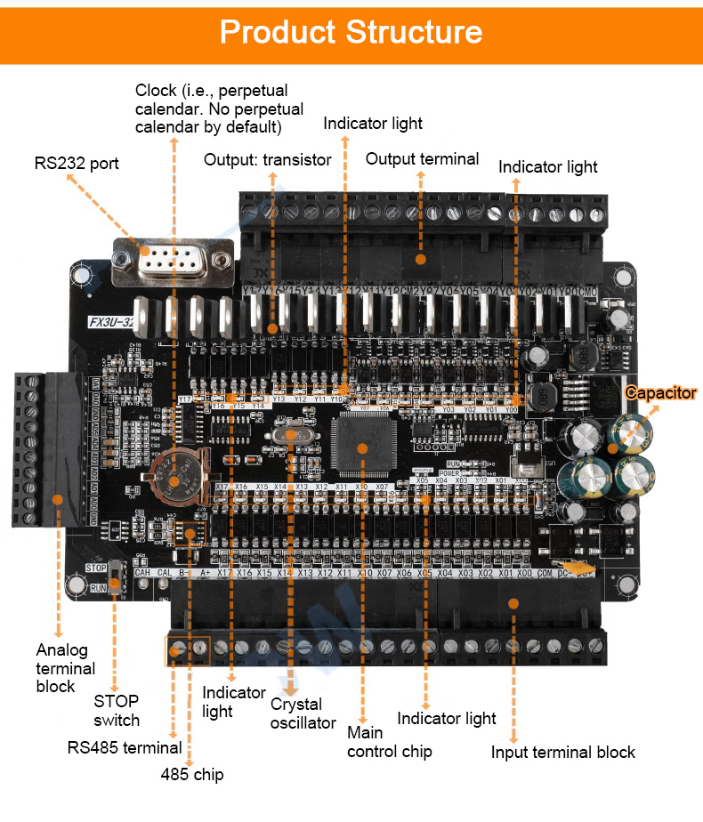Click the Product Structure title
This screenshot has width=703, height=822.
pyautogui.click(x=351, y=32)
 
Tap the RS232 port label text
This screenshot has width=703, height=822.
pyautogui.click(x=77, y=164)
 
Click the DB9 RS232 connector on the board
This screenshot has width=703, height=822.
pyautogui.click(x=174, y=261)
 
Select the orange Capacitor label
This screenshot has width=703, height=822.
pyautogui.click(x=660, y=392)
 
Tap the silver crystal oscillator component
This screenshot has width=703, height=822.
pyautogui.click(x=290, y=435)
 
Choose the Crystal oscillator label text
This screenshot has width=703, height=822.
pyautogui.click(x=303, y=713)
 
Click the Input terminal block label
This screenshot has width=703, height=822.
pyautogui.click(x=562, y=753)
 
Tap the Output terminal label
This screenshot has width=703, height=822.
pyautogui.click(x=422, y=159)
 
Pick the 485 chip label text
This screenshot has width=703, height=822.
pyautogui.click(x=192, y=774)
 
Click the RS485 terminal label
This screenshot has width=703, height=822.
pyautogui.click(x=125, y=747)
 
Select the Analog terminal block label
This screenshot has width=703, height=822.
pyautogui.click(x=65, y=668)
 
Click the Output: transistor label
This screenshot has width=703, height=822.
pyautogui.click(x=267, y=160)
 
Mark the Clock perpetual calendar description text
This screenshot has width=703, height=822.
pyautogui.click(x=219, y=109)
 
